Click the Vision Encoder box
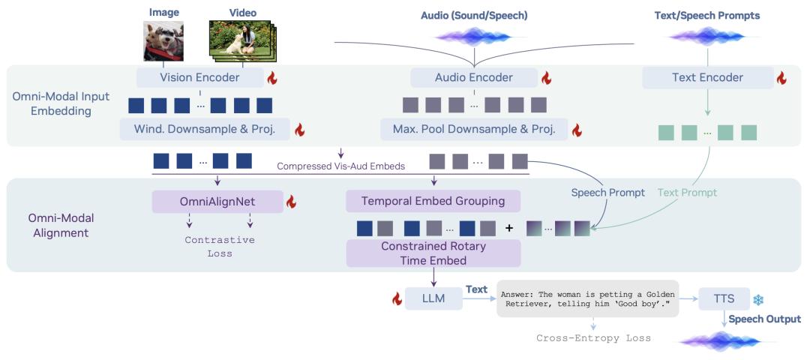point(199,77)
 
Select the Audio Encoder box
point(474,77)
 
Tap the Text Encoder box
point(708,77)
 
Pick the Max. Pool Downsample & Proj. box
point(474,129)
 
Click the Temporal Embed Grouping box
point(433,201)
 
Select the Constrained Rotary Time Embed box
point(433,253)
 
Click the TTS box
point(723,298)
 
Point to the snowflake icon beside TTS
point(758,299)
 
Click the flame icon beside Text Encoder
point(781,78)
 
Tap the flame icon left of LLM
point(397,298)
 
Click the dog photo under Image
point(163,41)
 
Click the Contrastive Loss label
point(219,247)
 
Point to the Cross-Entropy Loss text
point(593,338)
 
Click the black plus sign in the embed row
point(509,227)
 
